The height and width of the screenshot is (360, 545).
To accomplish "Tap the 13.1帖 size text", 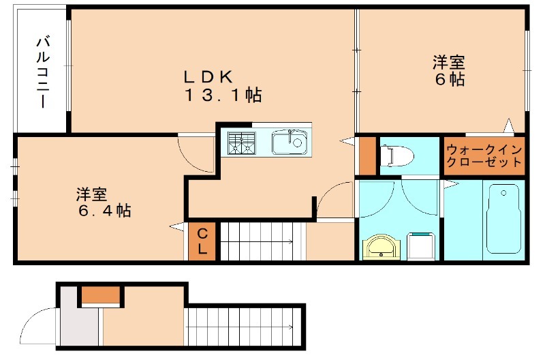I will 222,95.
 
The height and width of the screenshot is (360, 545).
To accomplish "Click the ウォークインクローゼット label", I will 484,156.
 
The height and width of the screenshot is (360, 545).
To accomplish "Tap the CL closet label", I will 202,241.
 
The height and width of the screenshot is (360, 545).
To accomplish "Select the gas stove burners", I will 241,143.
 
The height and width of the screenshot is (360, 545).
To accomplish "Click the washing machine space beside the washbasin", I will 422,245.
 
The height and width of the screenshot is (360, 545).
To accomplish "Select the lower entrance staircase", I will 242,327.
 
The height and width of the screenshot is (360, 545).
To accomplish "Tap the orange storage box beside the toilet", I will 367,156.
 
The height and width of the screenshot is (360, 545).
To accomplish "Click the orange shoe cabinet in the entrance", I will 102,295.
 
